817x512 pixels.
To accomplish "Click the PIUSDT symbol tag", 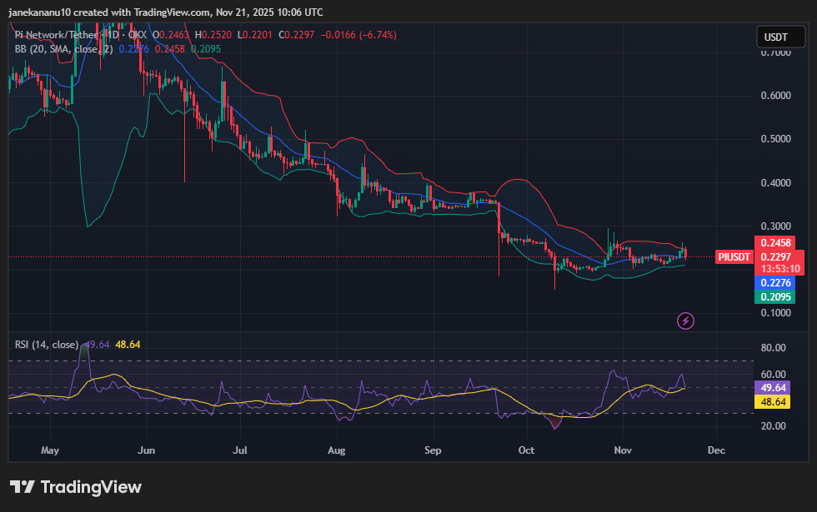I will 734,256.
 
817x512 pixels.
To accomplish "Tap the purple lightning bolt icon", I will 685,321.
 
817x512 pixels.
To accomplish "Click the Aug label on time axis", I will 337,450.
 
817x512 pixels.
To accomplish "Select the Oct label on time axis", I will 527,450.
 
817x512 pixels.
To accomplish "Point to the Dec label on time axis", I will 715,450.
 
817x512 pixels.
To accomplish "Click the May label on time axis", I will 50,450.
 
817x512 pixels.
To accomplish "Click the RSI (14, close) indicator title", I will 47,344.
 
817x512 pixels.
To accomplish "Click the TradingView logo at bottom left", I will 76,487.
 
